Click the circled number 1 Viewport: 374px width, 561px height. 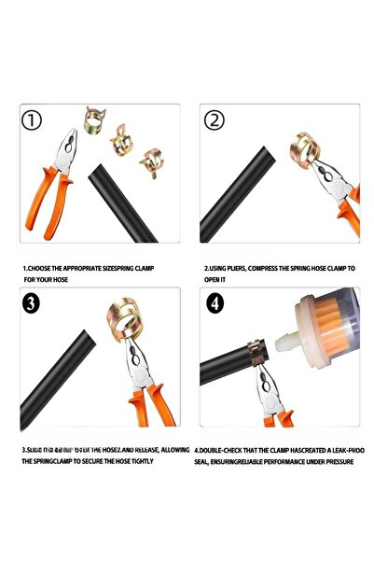[35, 120]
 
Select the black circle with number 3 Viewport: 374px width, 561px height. [34, 302]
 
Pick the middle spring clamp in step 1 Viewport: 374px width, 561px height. [120, 142]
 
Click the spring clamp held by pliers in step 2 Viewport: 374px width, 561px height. [307, 148]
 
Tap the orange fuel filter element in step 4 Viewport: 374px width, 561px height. [335, 331]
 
